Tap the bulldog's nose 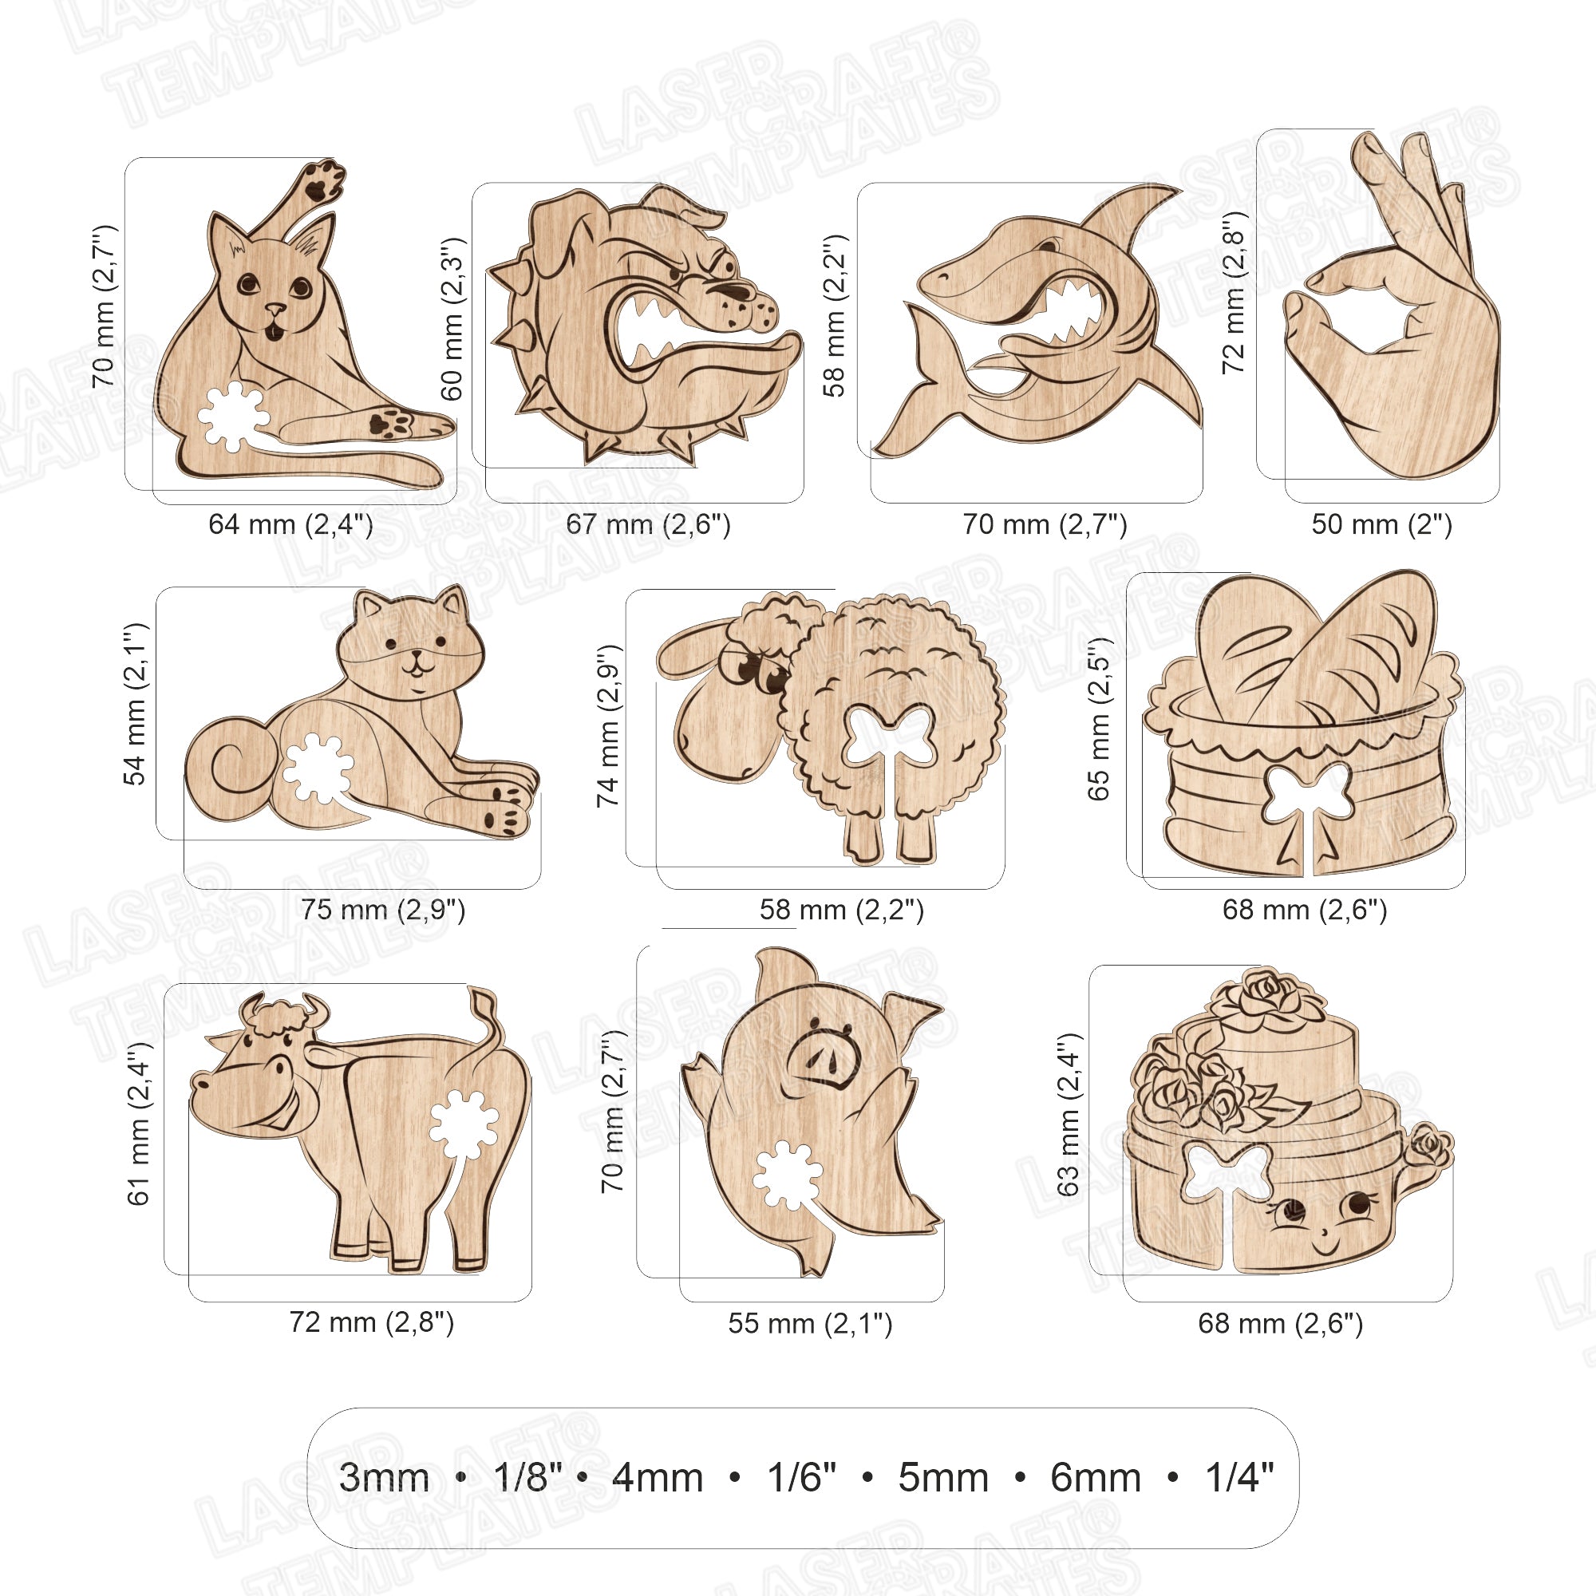pos(735,290)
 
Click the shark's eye pos(1049,245)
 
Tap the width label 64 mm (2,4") pos(290,523)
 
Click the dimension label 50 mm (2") pos(1381,523)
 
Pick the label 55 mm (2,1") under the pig pos(809,1323)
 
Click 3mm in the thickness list pos(384,1478)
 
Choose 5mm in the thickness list pos(943,1478)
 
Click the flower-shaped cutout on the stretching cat pos(232,417)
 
